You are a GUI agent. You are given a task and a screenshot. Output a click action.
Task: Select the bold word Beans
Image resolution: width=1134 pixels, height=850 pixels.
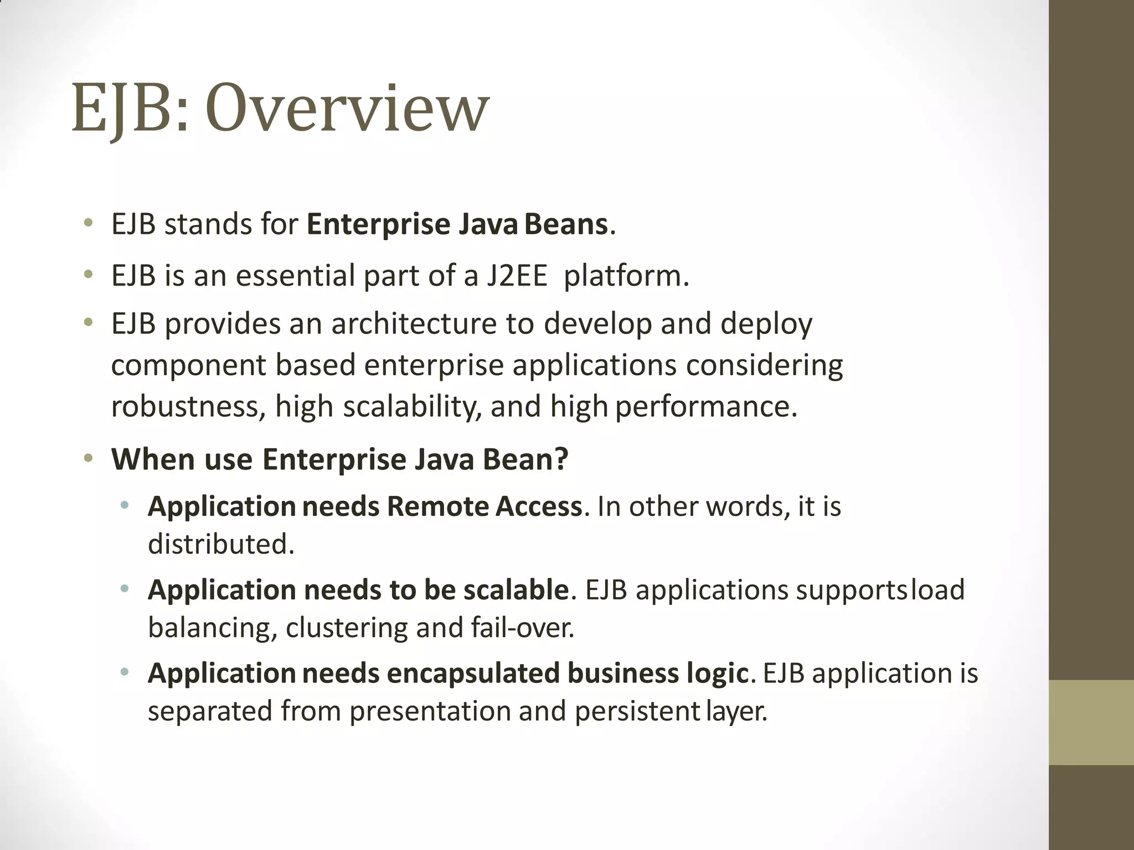point(566,224)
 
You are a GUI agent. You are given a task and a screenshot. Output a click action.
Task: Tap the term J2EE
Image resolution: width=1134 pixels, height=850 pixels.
point(517,276)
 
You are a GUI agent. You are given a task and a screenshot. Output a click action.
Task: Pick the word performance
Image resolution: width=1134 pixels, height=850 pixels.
point(705,407)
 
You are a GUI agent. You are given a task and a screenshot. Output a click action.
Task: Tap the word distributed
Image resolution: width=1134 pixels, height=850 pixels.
point(220,544)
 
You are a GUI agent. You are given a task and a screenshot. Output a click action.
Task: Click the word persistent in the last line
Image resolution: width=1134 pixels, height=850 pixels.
point(637,711)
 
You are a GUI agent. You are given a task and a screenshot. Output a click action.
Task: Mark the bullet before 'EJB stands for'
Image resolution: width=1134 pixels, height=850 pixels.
point(89,224)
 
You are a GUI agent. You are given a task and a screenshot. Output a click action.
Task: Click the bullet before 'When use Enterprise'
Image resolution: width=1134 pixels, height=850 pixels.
point(89,459)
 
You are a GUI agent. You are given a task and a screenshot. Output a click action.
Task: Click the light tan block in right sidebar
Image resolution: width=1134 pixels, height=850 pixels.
point(1091,722)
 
